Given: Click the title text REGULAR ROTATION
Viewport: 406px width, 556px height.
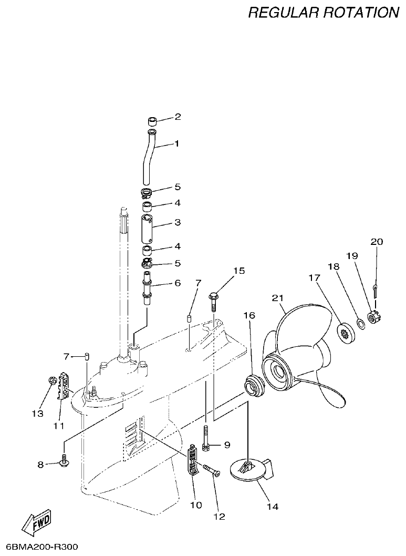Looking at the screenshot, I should tap(324, 13).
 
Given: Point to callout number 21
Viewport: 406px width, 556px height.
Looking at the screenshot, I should tap(277, 298).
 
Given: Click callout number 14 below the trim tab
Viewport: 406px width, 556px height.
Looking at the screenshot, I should tap(272, 507).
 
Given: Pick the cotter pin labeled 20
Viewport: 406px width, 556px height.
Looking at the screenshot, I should tap(376, 290).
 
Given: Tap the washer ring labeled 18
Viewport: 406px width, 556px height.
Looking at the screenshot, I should tap(361, 323).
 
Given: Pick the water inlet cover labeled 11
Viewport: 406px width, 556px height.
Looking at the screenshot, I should tap(64, 386).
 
